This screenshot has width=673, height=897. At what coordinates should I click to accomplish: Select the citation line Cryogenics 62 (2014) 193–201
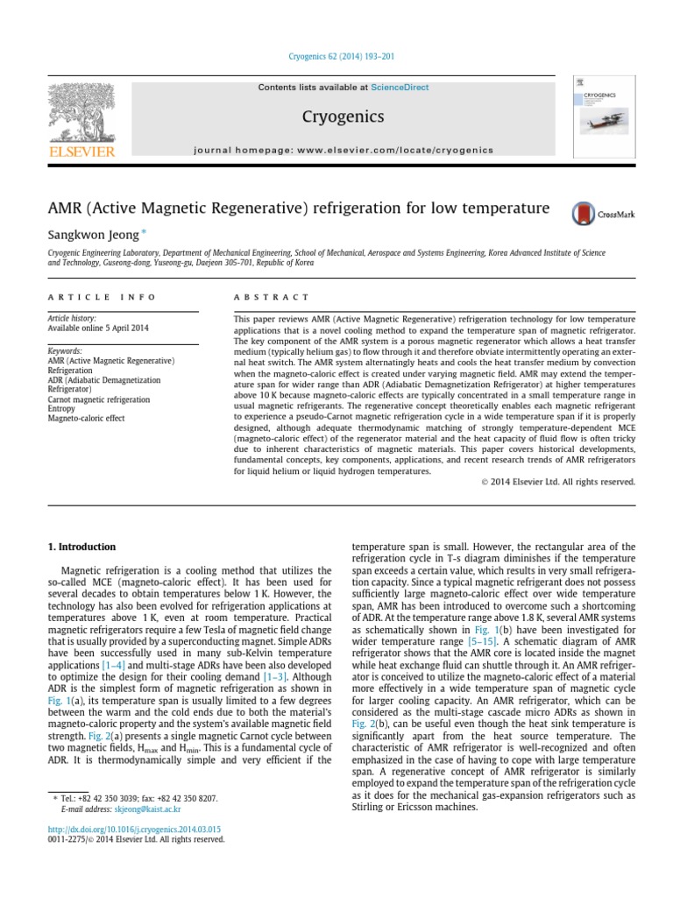(x=341, y=57)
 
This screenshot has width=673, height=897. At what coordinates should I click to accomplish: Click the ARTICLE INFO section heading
(x=102, y=297)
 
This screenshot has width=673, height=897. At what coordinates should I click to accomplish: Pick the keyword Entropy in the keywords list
(x=61, y=409)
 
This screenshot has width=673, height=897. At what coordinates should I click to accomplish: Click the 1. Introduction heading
(x=81, y=547)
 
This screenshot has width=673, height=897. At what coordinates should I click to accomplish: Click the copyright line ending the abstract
(x=558, y=482)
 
